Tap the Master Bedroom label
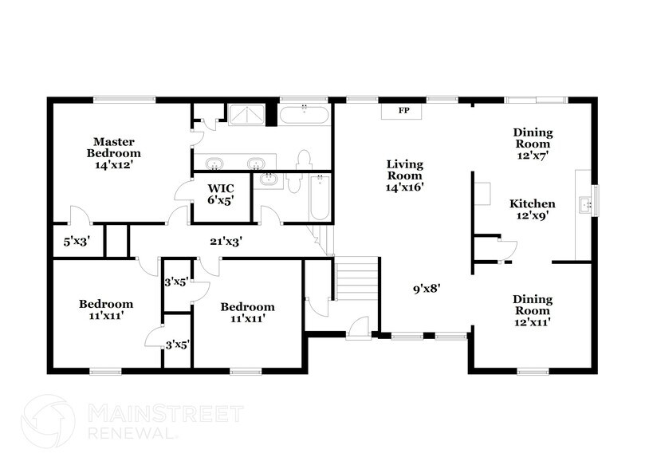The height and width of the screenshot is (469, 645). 113,153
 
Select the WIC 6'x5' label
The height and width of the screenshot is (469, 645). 220,195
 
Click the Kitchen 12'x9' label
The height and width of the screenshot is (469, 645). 533,209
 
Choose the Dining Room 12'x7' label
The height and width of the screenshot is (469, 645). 533,144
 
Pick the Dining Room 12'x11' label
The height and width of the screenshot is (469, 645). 533,311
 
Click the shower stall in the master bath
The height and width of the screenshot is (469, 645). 248,115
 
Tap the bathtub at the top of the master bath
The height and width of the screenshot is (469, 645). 303,115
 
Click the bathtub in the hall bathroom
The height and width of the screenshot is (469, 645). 319,199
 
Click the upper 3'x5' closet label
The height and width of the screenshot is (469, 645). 175,281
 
